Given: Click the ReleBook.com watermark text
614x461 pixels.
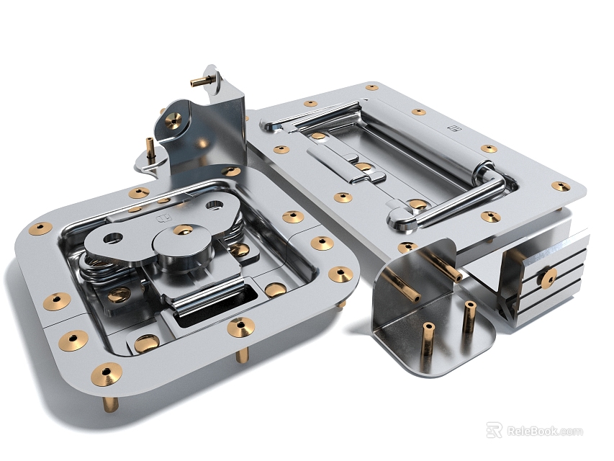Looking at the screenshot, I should (x=545, y=431).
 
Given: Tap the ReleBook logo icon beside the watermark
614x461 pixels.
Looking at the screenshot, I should (x=495, y=431).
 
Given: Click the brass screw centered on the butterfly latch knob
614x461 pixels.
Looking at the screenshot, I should (x=183, y=230).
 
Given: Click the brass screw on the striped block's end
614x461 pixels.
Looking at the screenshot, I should (x=548, y=277).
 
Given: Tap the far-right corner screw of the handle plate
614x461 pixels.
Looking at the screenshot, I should (x=561, y=186).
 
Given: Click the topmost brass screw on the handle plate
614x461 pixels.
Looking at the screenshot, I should (x=371, y=87).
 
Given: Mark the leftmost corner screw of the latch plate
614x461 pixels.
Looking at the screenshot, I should (x=40, y=228).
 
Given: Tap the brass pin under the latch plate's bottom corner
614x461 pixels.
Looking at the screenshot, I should (x=109, y=403).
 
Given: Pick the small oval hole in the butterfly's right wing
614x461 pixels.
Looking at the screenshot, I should (x=215, y=205).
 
